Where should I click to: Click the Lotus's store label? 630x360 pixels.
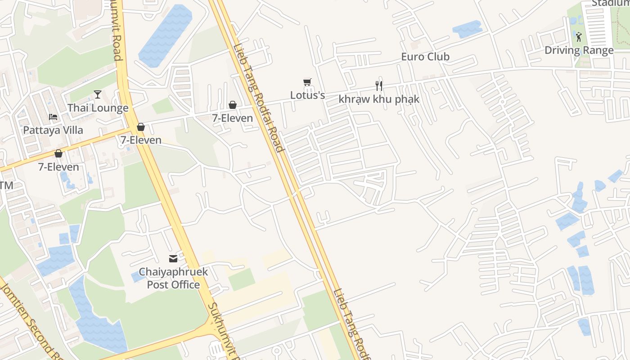[307, 95]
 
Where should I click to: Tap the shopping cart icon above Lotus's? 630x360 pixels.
[307, 82]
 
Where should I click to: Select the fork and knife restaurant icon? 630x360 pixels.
[379, 85]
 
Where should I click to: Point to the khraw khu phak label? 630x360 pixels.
[379, 99]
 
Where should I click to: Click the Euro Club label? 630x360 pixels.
[425, 57]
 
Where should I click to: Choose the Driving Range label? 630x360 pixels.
[579, 50]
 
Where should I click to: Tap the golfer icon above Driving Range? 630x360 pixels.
[579, 37]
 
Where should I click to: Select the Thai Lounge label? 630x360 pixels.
[98, 108]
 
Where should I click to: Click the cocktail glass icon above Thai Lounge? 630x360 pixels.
[98, 94]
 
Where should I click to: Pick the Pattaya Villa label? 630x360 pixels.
[53, 130]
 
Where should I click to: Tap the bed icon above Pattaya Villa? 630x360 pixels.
[53, 117]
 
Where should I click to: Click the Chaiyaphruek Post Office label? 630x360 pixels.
[173, 278]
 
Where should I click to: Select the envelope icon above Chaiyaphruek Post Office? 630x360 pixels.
[173, 258]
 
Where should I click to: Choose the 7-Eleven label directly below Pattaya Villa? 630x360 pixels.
[58, 167]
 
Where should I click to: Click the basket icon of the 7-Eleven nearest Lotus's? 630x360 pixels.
[233, 105]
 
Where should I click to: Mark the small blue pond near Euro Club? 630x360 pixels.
[467, 29]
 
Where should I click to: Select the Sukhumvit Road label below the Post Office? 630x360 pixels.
[222, 331]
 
